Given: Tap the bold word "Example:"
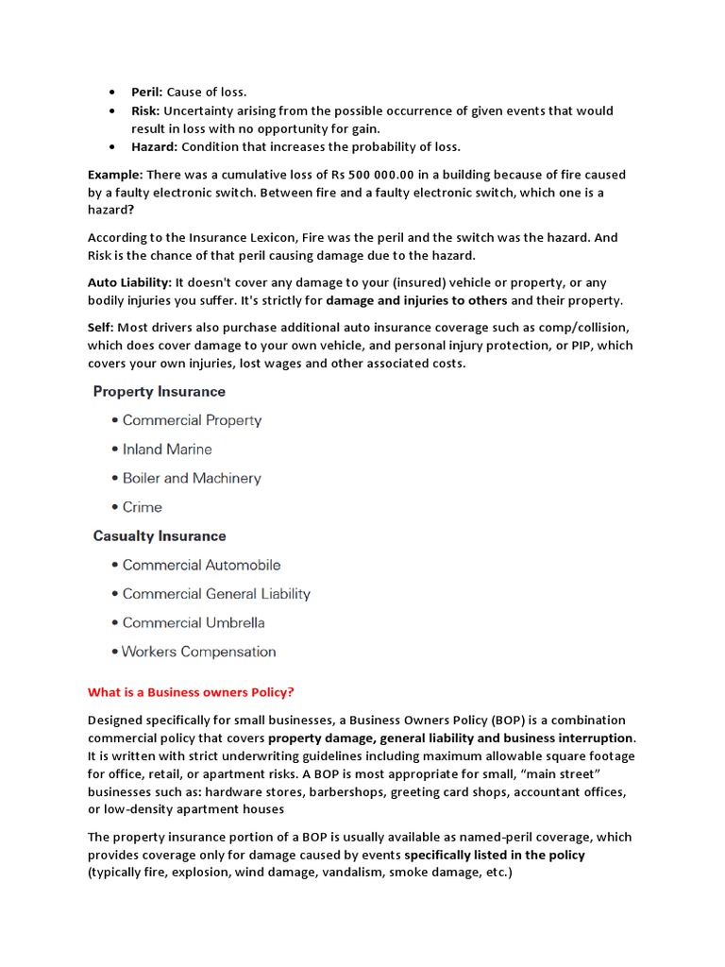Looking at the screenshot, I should [115, 175].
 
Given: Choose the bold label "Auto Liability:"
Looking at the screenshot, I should [129, 282].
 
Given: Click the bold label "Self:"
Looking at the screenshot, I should [100, 328].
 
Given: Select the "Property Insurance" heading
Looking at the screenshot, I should [159, 392].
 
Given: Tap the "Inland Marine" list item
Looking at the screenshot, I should [167, 450].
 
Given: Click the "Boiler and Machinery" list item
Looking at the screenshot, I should [192, 479].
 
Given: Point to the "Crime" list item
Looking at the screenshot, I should [143, 507].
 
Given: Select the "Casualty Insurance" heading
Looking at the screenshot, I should [160, 536].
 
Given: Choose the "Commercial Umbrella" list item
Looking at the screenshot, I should [194, 623].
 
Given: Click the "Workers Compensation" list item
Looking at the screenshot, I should [199, 652].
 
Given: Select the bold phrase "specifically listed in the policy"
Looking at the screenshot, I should [495, 855].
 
